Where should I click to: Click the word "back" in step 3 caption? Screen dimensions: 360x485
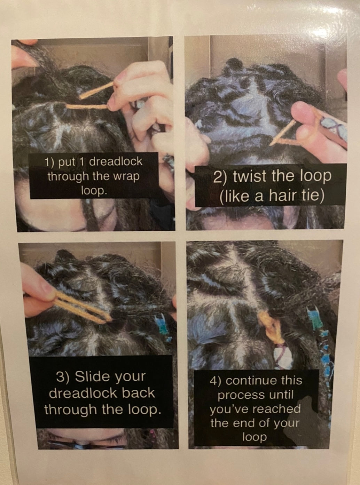click(138, 392)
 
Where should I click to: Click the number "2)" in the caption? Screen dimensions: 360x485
click(220, 177)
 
